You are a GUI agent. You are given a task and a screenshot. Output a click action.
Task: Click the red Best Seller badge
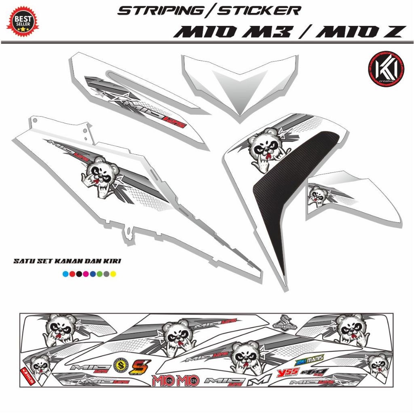[22, 20]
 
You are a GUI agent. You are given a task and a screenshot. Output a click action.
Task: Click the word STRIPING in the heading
[159, 11]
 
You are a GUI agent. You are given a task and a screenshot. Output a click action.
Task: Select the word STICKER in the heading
[259, 11]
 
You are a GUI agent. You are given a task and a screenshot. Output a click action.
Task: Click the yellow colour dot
[114, 275]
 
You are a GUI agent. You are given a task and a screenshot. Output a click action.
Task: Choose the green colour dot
[99, 275]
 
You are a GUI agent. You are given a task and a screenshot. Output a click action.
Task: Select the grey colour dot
[106, 275]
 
